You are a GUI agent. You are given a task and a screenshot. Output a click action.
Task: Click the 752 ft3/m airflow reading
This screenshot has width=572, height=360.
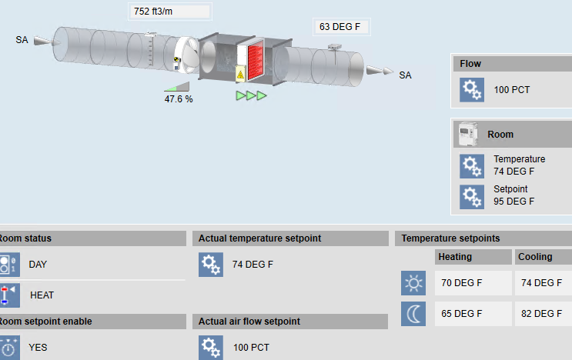153,12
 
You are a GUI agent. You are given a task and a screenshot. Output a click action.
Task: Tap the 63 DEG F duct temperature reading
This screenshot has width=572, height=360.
340,27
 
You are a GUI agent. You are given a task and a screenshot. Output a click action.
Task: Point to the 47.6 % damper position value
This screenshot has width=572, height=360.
179,99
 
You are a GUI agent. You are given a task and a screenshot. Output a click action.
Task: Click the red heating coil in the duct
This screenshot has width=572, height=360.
256,60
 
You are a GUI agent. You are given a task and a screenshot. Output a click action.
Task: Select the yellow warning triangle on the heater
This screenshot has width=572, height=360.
240,75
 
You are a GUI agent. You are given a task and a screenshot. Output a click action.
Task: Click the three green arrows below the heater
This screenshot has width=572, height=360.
251,96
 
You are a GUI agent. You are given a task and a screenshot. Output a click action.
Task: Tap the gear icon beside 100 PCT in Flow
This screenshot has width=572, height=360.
472,90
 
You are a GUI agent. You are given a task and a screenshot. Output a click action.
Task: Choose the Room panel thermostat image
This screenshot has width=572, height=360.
468,134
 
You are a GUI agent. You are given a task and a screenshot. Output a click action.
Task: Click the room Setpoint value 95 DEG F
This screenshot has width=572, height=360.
513,202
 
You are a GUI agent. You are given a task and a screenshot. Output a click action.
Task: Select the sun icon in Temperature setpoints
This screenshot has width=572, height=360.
413,283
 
